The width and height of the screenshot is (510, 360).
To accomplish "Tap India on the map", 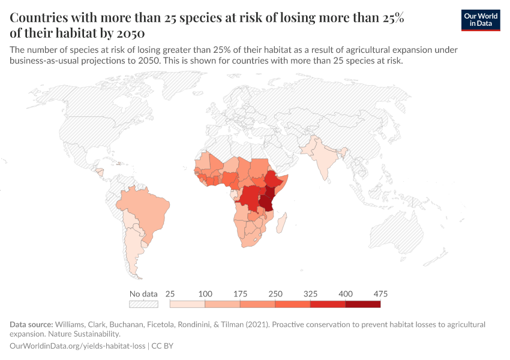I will [325, 157].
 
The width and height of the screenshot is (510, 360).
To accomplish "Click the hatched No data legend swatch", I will [143, 304].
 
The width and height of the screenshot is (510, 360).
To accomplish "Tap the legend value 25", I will [170, 294].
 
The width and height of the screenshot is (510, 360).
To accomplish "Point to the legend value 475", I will [380, 294].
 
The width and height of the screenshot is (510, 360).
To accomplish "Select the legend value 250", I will [275, 294].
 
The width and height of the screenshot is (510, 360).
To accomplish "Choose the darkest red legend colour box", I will [363, 304].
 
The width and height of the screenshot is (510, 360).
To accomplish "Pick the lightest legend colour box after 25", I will [187, 304].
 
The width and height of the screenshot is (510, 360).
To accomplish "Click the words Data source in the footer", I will [31, 325].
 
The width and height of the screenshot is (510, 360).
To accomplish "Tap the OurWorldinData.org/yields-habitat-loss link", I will [78, 346].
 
